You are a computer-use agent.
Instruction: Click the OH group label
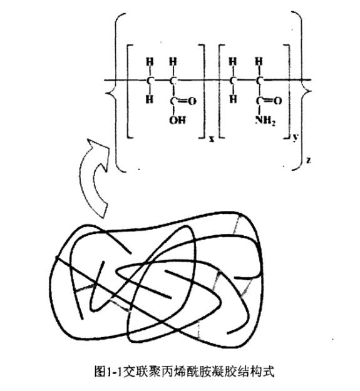tap(178, 121)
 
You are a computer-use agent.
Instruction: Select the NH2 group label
tap(265, 121)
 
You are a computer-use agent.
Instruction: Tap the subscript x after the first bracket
tap(212, 139)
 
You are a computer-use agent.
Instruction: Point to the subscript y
tap(296, 137)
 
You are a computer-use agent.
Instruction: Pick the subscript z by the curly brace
tap(309, 160)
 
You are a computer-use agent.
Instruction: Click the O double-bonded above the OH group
tap(192, 101)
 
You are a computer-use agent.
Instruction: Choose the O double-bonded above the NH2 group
tap(278, 101)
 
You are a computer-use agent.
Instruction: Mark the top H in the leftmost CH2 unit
tap(150, 61)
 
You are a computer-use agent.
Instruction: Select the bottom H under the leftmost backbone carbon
tap(150, 99)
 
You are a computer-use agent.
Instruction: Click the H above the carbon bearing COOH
tap(173, 61)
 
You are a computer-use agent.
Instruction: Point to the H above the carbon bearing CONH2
tap(259, 61)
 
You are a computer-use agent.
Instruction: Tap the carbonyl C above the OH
tap(173, 101)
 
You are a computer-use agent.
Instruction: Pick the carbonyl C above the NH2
tap(259, 101)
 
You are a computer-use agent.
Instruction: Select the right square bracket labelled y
tap(289, 91)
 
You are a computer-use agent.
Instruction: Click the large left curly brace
tap(111, 92)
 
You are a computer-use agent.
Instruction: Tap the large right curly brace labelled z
tap(304, 91)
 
